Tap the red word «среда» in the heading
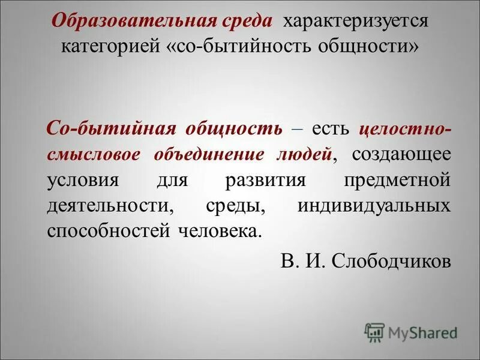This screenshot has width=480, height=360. [x=247, y=22]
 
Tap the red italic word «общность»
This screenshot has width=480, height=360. [x=239, y=128]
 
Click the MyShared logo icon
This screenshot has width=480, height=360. [x=374, y=332]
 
